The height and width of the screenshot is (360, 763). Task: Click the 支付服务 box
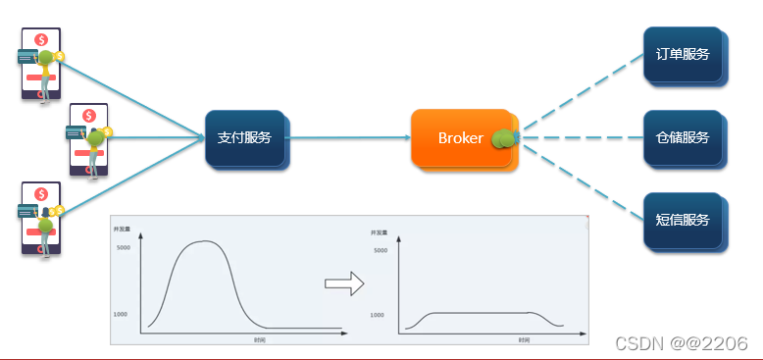point(245,138)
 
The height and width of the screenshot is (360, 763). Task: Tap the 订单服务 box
point(684,55)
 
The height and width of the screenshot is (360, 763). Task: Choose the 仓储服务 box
point(684,137)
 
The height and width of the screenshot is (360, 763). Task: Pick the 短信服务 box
point(684,220)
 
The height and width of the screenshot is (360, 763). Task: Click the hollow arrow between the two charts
point(344,284)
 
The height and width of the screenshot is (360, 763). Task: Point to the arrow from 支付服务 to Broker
point(348,138)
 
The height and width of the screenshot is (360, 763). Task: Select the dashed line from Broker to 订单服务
point(579,94)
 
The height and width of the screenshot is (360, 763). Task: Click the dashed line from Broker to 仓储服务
point(579,138)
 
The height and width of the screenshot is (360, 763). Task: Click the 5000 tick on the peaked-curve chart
point(124,247)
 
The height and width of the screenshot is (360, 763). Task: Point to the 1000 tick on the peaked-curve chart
point(122,314)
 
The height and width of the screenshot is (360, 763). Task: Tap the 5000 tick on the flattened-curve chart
point(381,250)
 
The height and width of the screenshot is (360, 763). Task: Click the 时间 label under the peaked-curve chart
point(259,340)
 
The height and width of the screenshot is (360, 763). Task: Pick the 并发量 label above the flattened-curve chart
point(379,232)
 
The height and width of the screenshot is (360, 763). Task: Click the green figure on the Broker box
point(504,140)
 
